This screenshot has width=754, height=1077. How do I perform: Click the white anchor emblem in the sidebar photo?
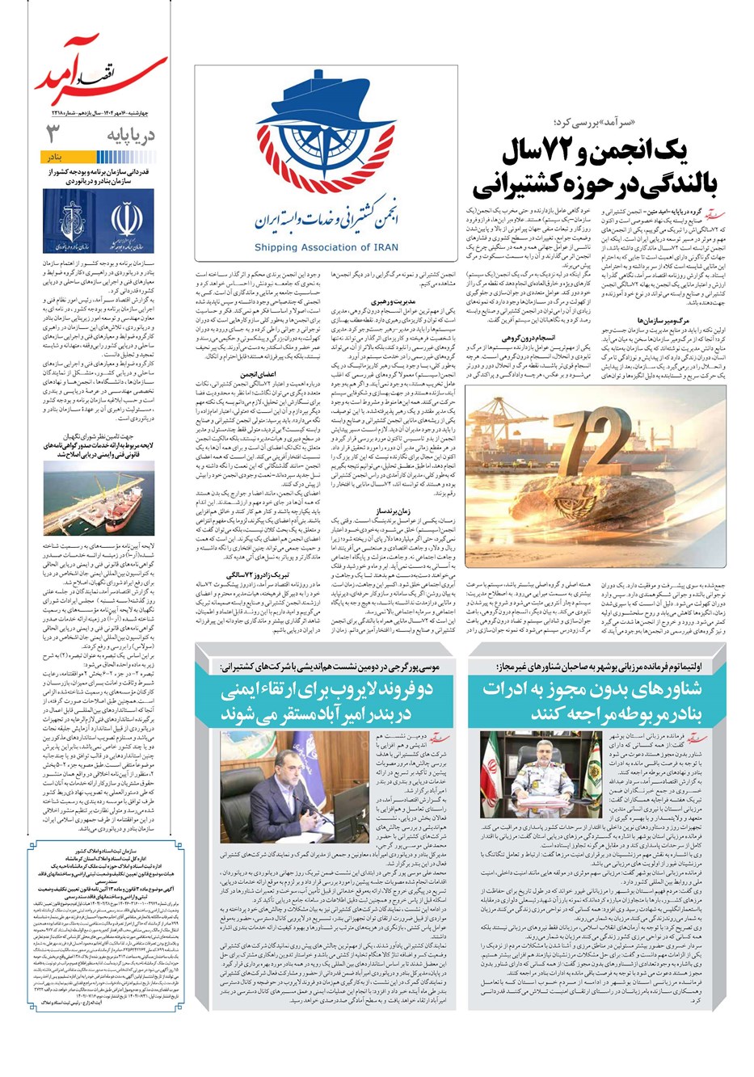pos(70,213)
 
